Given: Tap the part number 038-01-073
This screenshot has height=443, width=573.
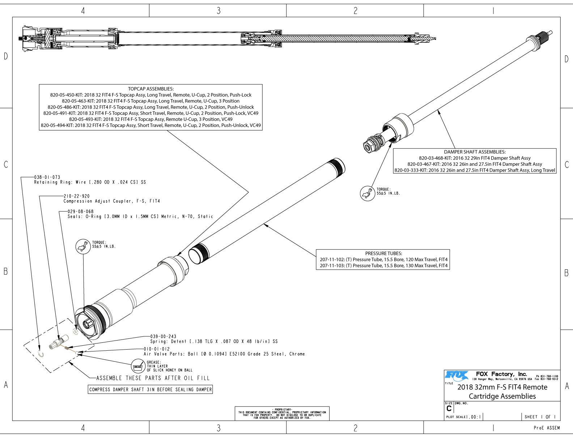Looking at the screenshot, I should (47, 177).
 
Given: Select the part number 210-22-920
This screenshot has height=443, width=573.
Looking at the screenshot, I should (77, 196).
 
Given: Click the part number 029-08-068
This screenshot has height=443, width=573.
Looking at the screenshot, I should (80, 211).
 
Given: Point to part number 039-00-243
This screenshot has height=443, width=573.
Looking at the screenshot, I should (163, 336).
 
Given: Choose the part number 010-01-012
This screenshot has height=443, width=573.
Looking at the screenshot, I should (157, 349).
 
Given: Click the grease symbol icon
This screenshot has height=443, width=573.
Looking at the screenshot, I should (138, 366).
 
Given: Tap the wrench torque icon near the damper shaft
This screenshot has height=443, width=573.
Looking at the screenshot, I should (368, 193).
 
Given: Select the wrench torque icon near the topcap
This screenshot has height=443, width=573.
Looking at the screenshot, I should (83, 246).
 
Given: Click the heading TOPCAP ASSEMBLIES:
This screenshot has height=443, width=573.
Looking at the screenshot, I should (150, 89).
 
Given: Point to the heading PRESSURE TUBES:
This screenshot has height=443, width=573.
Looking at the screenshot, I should (383, 253).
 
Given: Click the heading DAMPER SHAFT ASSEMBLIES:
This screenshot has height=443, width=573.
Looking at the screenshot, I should (475, 152).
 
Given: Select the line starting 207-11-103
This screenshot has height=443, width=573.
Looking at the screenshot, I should (383, 266).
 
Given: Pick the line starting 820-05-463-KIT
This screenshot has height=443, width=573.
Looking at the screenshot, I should (150, 101).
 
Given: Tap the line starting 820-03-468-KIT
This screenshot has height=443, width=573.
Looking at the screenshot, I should (475, 158).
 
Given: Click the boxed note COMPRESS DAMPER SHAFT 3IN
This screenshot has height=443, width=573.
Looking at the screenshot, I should (150, 389).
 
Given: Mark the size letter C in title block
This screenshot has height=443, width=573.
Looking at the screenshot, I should (449, 409).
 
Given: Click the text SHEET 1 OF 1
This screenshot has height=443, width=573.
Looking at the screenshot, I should (540, 417).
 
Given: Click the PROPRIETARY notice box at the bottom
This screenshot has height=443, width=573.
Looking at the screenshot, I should (282, 413).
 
